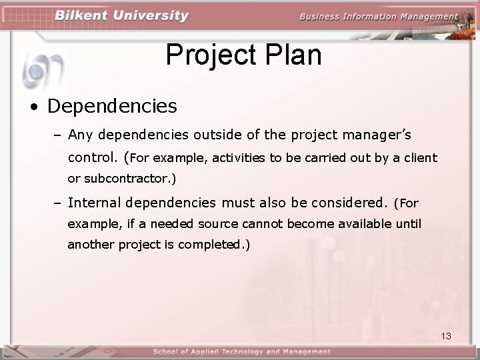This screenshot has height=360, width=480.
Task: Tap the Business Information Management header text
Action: [x=379, y=17]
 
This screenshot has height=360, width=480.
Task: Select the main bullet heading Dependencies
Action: [x=112, y=106]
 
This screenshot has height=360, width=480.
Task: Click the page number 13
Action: [x=446, y=336]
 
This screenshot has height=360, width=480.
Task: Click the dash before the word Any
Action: [x=59, y=135]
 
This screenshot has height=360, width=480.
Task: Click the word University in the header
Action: [x=152, y=16]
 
